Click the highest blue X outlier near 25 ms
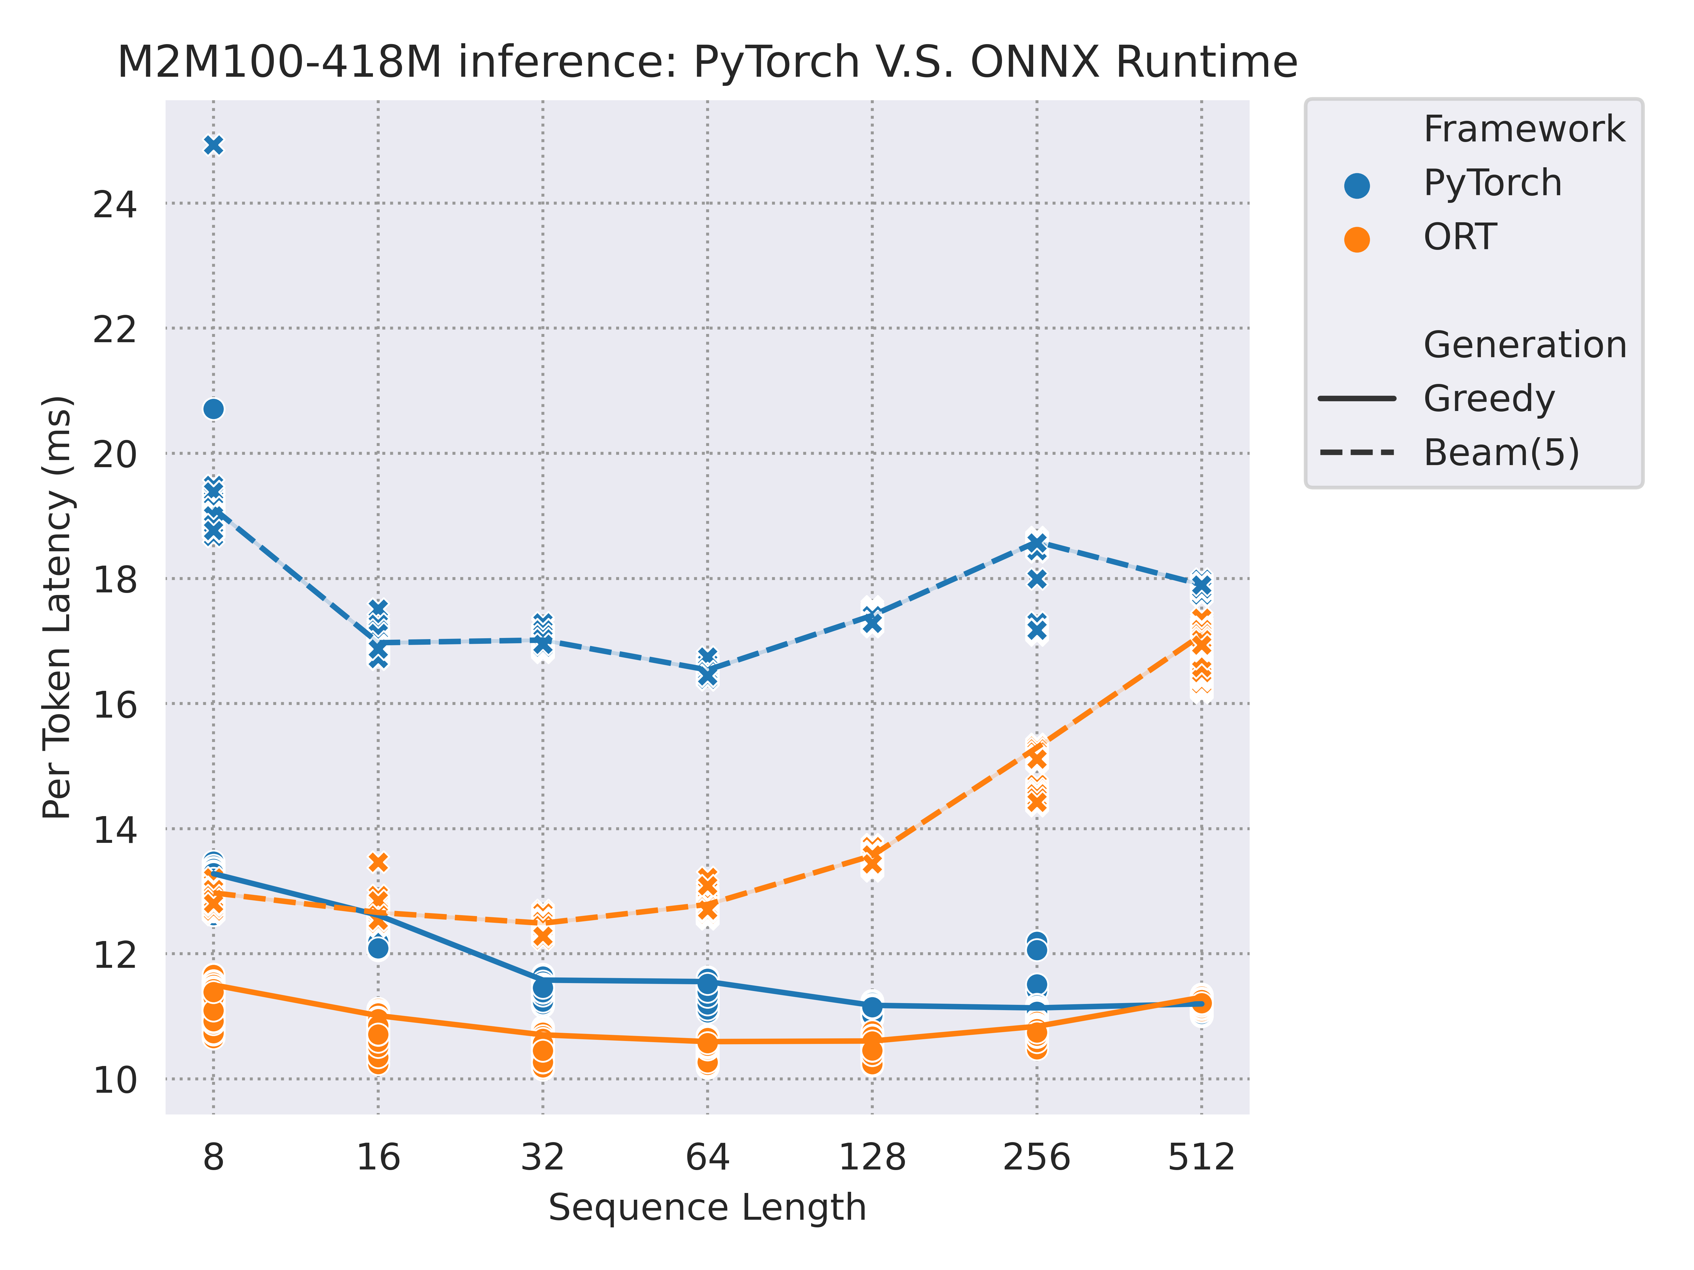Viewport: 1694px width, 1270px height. (x=214, y=146)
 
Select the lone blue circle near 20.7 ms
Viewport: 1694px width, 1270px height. (x=214, y=410)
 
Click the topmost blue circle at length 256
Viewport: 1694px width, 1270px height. (x=1037, y=942)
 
